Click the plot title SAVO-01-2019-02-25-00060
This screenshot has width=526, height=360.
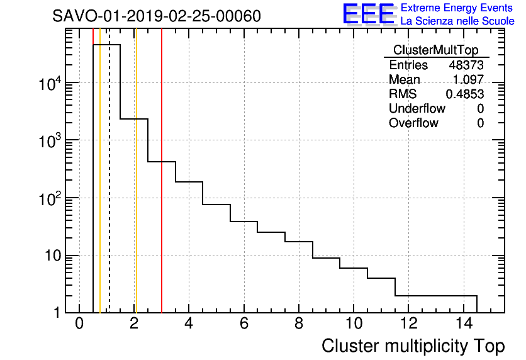pyautogui.click(x=157, y=16)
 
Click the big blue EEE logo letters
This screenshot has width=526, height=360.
pyautogui.click(x=369, y=14)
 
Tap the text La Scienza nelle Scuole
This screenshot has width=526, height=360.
pyautogui.click(x=457, y=21)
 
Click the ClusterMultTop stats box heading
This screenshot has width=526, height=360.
pyautogui.click(x=435, y=50)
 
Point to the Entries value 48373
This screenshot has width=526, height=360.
pyautogui.click(x=466, y=65)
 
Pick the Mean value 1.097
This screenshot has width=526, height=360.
pyautogui.click(x=469, y=79)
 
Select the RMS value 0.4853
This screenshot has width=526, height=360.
pyautogui.click(x=465, y=94)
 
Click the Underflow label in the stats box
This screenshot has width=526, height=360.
pyautogui.click(x=417, y=108)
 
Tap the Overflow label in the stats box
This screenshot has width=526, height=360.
pyautogui.click(x=413, y=123)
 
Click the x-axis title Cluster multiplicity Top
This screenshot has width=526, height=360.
pyautogui.click(x=413, y=346)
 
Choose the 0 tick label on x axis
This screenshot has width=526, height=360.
pyautogui.click(x=79, y=323)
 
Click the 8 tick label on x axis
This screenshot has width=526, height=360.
pyautogui.click(x=299, y=323)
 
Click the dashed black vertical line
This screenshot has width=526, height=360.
pyautogui.click(x=109, y=189)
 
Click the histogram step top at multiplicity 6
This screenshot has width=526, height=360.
pyautogui.click(x=243, y=222)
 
